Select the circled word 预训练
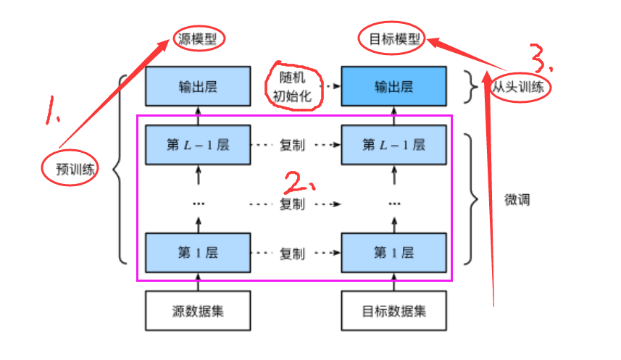tap(70, 169)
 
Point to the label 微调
tap(517, 199)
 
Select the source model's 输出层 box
tap(198, 87)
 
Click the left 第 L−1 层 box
tap(198, 145)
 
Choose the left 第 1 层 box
tap(198, 253)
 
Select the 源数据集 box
tap(198, 311)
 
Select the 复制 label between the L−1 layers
tap(292, 145)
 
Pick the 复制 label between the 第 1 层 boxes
tap(292, 254)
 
